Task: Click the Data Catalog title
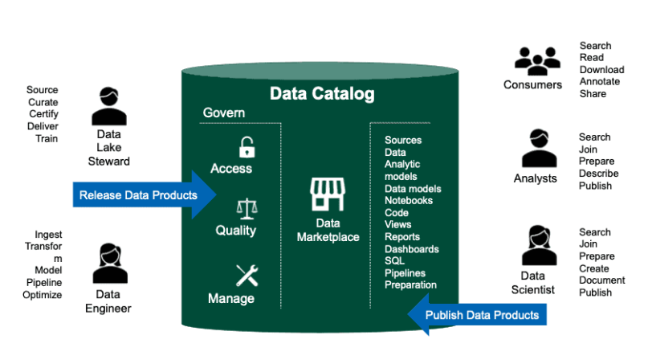pos(321,95)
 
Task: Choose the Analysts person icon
pos(538,149)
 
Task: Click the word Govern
pos(223,113)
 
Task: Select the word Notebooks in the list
pos(408,201)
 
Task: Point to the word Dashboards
pos(411,249)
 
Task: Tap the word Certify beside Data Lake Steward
pos(42,114)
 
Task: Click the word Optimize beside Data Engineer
pos(42,295)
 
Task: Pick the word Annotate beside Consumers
pos(599,82)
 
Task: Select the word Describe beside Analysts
pos(598,174)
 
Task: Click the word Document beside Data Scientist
pos(601,280)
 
